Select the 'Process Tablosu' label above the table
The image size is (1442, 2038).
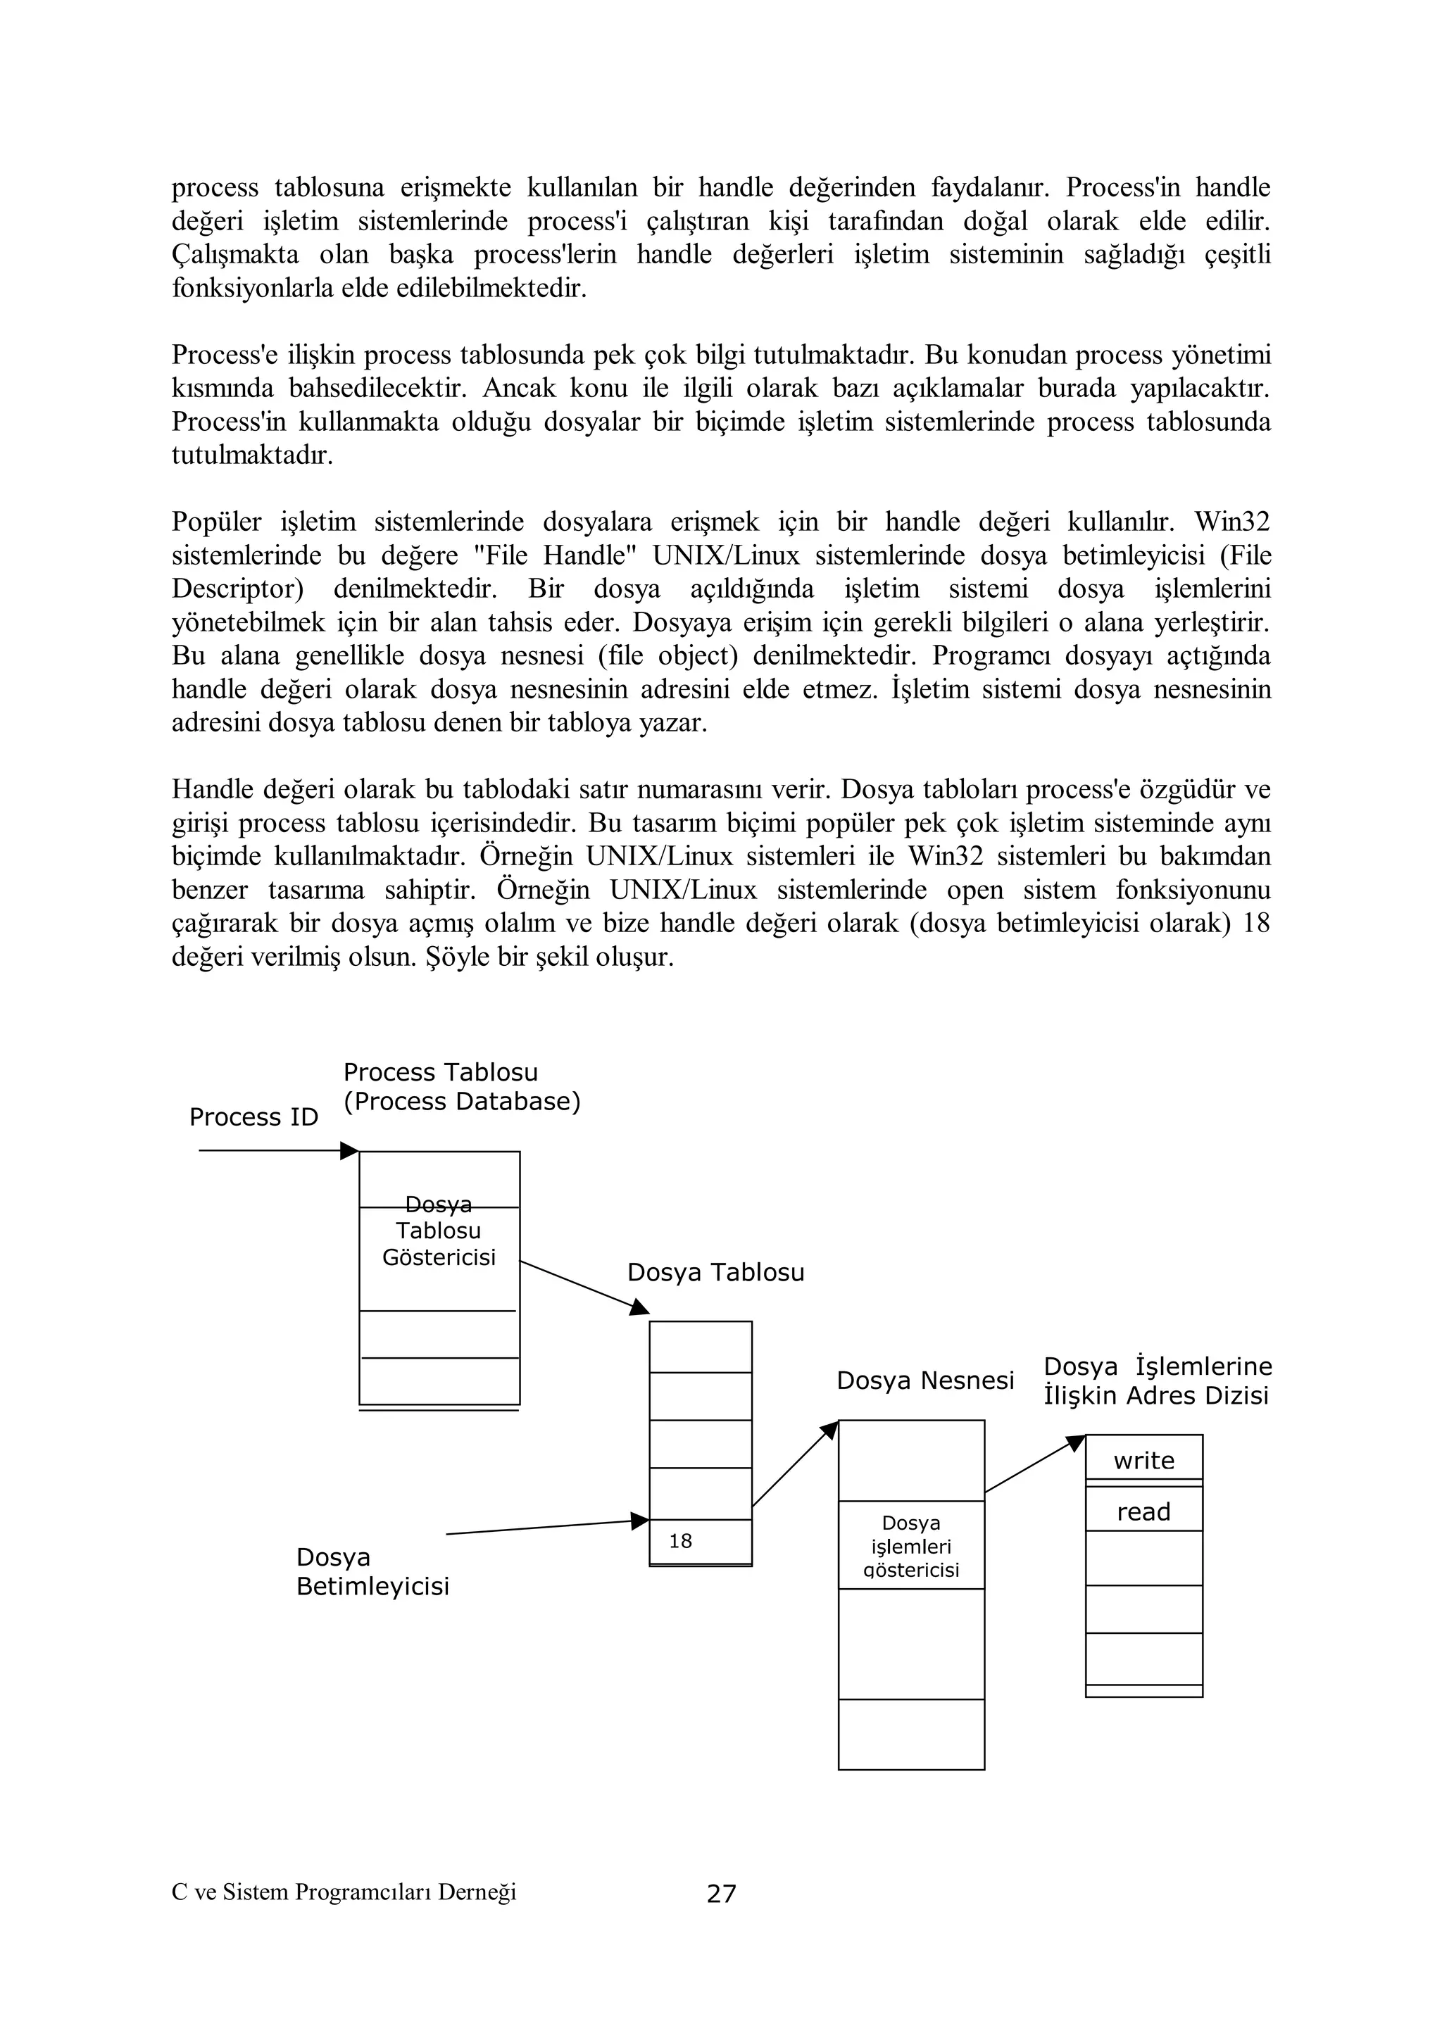tap(440, 1072)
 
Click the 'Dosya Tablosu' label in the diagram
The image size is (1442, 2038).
tap(715, 1273)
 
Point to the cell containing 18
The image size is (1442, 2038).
tap(700, 1541)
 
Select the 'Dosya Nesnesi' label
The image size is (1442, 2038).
tap(925, 1380)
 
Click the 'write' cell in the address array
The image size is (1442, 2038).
tap(1143, 1460)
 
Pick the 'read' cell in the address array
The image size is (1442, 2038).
tap(1143, 1511)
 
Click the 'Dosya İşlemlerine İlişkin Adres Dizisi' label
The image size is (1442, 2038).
tap(1157, 1381)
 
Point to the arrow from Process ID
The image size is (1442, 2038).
tap(275, 1151)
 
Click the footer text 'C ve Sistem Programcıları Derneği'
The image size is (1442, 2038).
tap(344, 1892)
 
